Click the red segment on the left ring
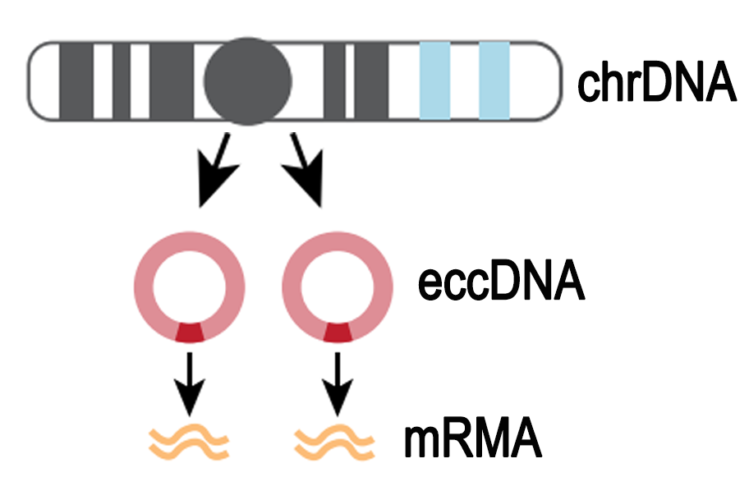(x=190, y=332)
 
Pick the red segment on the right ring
(x=337, y=332)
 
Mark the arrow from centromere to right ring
(x=306, y=171)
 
